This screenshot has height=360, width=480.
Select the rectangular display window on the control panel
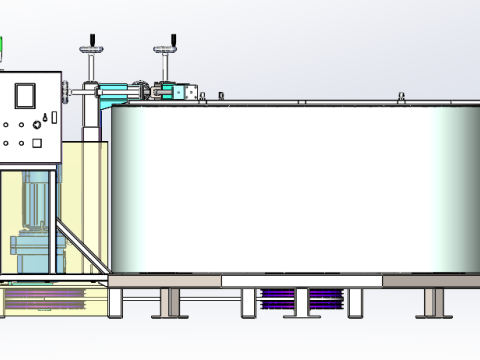click(24, 94)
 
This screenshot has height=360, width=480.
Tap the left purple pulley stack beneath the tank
click(277, 298)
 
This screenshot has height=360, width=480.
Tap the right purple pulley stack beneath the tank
click(325, 298)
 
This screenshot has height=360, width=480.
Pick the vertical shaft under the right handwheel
click(166, 66)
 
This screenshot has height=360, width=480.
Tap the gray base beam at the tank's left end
click(165, 282)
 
